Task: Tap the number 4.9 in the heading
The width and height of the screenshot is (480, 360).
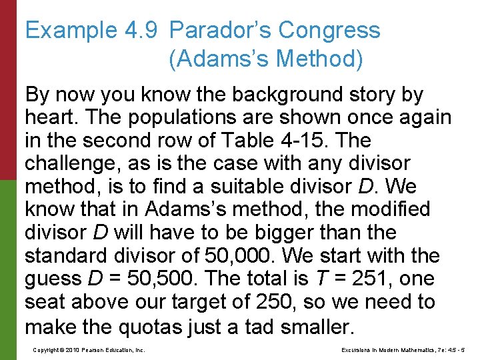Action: [x=137, y=31]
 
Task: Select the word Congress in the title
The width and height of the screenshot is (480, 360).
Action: [x=329, y=31]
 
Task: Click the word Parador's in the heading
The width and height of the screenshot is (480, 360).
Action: [x=220, y=31]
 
